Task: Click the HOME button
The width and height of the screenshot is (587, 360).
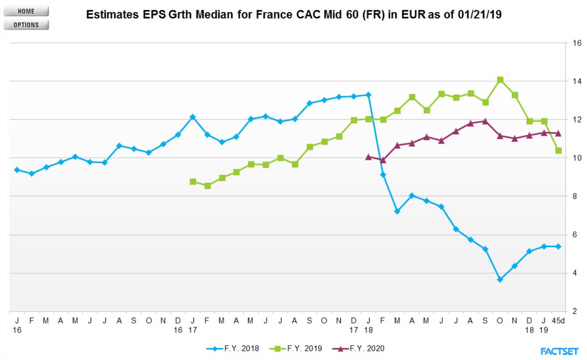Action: click(x=26, y=11)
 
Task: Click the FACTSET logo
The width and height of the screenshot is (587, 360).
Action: click(x=559, y=351)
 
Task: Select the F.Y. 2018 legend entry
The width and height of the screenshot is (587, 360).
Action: click(x=233, y=348)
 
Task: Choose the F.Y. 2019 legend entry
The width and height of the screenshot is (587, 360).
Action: click(x=296, y=348)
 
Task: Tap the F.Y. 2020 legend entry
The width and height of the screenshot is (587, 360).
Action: click(x=358, y=348)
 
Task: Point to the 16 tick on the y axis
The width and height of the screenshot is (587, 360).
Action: click(x=577, y=43)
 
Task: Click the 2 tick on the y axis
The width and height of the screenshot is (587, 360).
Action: click(x=575, y=311)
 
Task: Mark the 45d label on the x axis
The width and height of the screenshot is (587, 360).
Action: click(x=558, y=321)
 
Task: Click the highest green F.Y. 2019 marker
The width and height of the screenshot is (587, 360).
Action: click(x=500, y=80)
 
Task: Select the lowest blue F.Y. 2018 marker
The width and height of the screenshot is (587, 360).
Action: click(x=500, y=280)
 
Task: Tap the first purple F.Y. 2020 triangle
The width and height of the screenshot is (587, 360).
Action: click(x=368, y=157)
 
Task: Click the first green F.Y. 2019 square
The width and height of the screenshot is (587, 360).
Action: click(x=193, y=181)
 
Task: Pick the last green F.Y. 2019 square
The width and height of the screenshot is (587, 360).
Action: click(x=558, y=151)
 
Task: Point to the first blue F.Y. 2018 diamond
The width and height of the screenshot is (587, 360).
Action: click(x=17, y=170)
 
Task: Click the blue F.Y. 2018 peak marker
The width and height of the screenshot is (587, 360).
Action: click(x=368, y=95)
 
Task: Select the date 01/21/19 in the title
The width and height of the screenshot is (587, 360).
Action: click(x=480, y=14)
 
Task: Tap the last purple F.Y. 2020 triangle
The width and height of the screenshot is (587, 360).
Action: click(x=558, y=133)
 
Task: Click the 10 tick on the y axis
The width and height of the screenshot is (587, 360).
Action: click(x=577, y=158)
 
